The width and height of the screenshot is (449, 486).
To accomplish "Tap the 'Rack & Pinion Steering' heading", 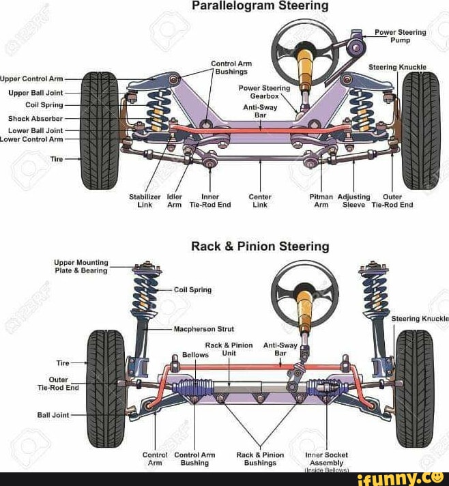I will coord(261,246).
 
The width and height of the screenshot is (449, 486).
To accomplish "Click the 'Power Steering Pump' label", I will coord(400,35).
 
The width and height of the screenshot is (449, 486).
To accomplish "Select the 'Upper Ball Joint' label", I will coord(35,92).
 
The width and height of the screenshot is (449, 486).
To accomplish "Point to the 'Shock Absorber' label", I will coord(35,118).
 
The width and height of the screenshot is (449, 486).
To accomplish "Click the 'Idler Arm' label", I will coord(175,201).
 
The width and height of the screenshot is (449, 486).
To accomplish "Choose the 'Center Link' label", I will coord(260,201).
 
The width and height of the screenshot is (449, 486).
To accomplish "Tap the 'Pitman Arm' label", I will coord(321,201).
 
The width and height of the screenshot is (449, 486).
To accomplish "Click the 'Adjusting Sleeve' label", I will coord(354,201).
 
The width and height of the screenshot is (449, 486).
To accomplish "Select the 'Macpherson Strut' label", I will coord(203,329).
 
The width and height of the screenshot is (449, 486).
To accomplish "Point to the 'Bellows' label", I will coord(195,355).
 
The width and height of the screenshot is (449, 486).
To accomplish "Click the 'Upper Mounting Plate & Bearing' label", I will coord(81,266).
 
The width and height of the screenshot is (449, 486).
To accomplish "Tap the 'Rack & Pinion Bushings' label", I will coord(260,458).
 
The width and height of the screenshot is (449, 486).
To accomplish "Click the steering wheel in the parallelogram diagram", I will coord(304,46).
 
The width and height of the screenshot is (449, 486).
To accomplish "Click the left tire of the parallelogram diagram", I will coord(100,121).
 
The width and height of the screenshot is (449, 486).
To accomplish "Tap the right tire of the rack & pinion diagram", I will coord(414,379).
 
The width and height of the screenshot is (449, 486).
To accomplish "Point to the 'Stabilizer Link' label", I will coord(145,201).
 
